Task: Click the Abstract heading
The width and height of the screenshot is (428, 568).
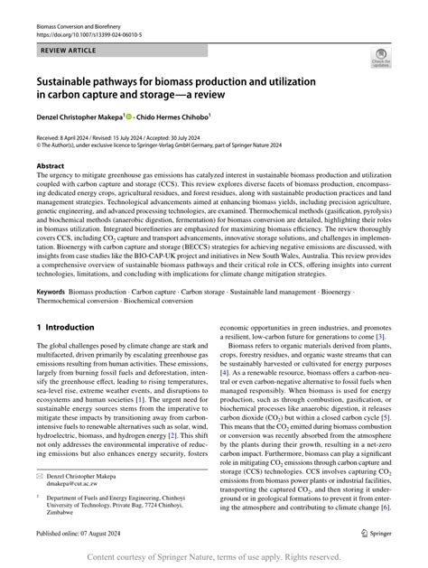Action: click(x=51, y=167)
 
